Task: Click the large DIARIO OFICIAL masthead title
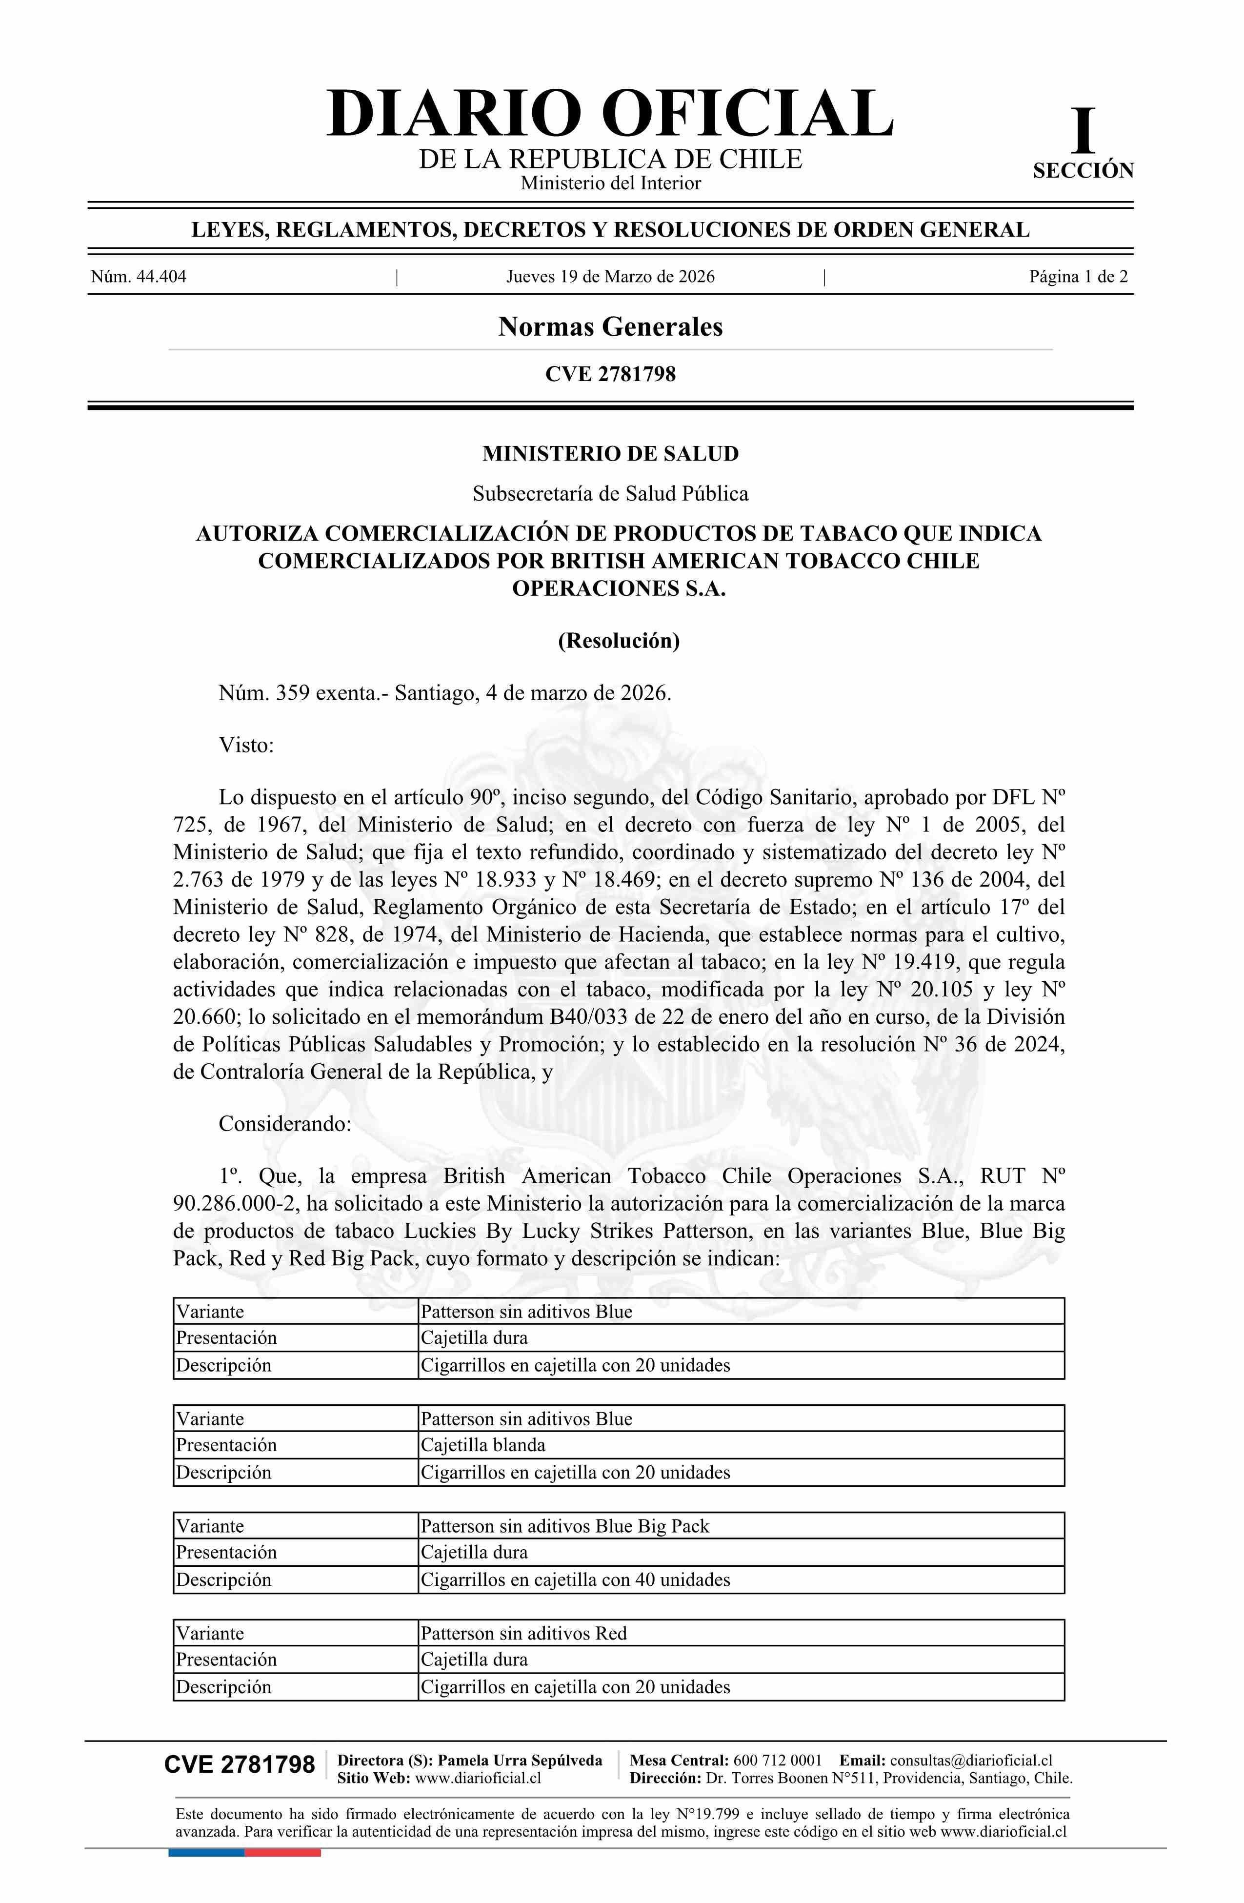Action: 610,114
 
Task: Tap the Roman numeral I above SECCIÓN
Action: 1083,132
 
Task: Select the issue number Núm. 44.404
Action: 139,278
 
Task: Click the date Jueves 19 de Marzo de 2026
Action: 610,278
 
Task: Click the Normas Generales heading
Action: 610,327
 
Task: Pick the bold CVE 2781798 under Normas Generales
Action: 610,374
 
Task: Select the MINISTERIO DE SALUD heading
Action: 610,454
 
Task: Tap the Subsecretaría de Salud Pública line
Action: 610,494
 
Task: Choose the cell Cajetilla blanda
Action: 483,1445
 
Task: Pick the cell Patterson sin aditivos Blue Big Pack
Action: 564,1526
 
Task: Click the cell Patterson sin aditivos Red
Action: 523,1634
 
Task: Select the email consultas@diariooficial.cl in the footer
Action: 971,1761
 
